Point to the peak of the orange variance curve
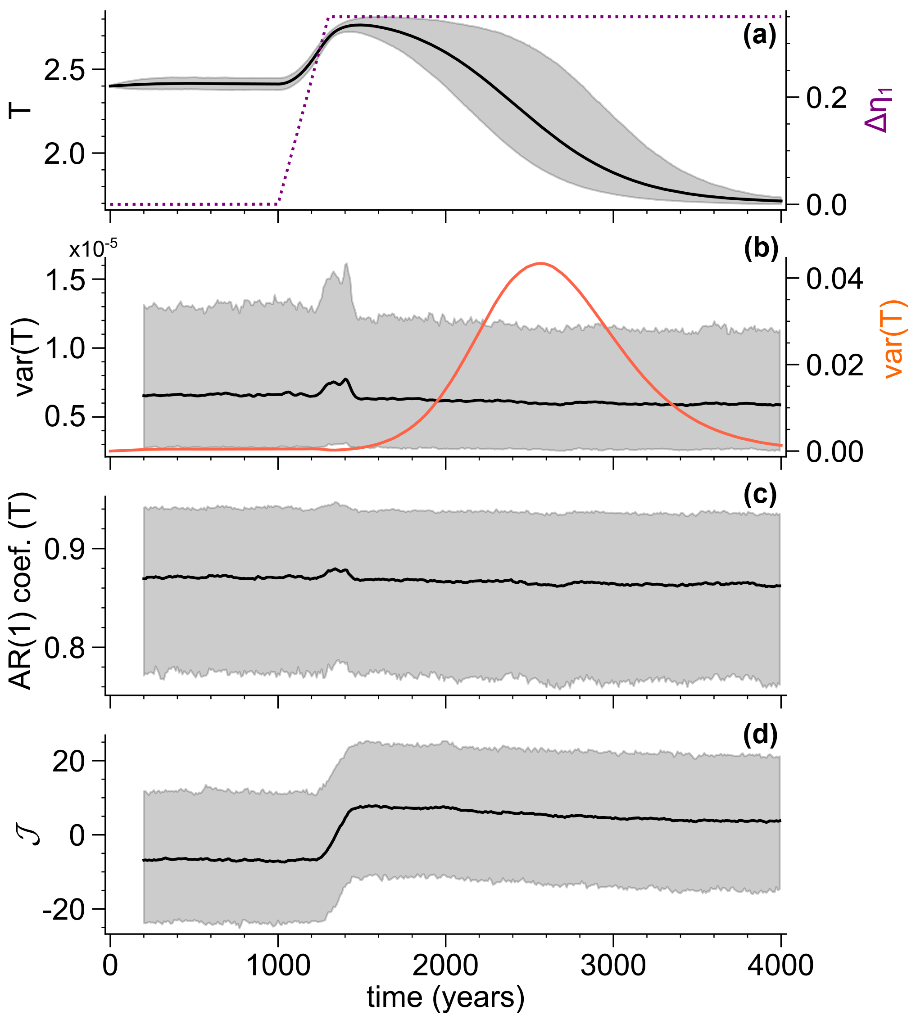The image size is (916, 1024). click(540, 263)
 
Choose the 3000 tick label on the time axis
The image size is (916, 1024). click(612, 965)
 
